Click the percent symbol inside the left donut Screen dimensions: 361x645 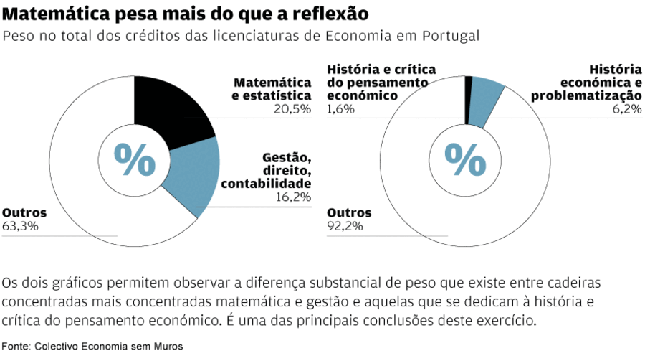pos(135,159)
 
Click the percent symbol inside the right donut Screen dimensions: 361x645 pos(465,159)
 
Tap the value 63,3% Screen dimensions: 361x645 pos(20,226)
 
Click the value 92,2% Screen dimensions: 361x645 pos(345,226)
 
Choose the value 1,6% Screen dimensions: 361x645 pos(340,109)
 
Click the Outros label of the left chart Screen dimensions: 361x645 pos(24,213)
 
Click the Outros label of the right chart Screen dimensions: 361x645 pos(349,213)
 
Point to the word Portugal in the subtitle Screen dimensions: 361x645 pos(454,36)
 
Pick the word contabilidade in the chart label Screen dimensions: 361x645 pos(266,184)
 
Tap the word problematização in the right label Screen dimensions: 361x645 pos(586,95)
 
